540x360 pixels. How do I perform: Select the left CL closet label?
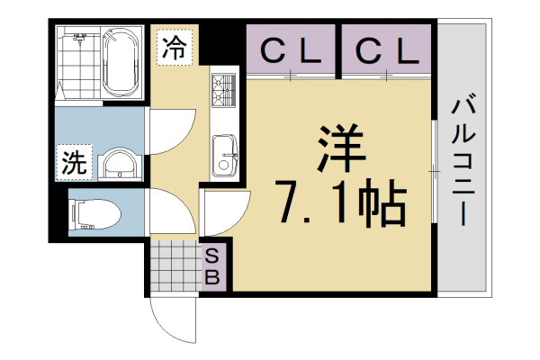point(291,52)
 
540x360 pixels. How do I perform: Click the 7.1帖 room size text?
point(340,205)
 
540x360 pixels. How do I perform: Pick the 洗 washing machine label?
point(73,163)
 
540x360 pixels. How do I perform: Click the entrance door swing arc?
point(173,318)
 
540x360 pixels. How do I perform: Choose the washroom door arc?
point(171,136)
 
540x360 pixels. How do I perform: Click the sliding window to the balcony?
point(434,167)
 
